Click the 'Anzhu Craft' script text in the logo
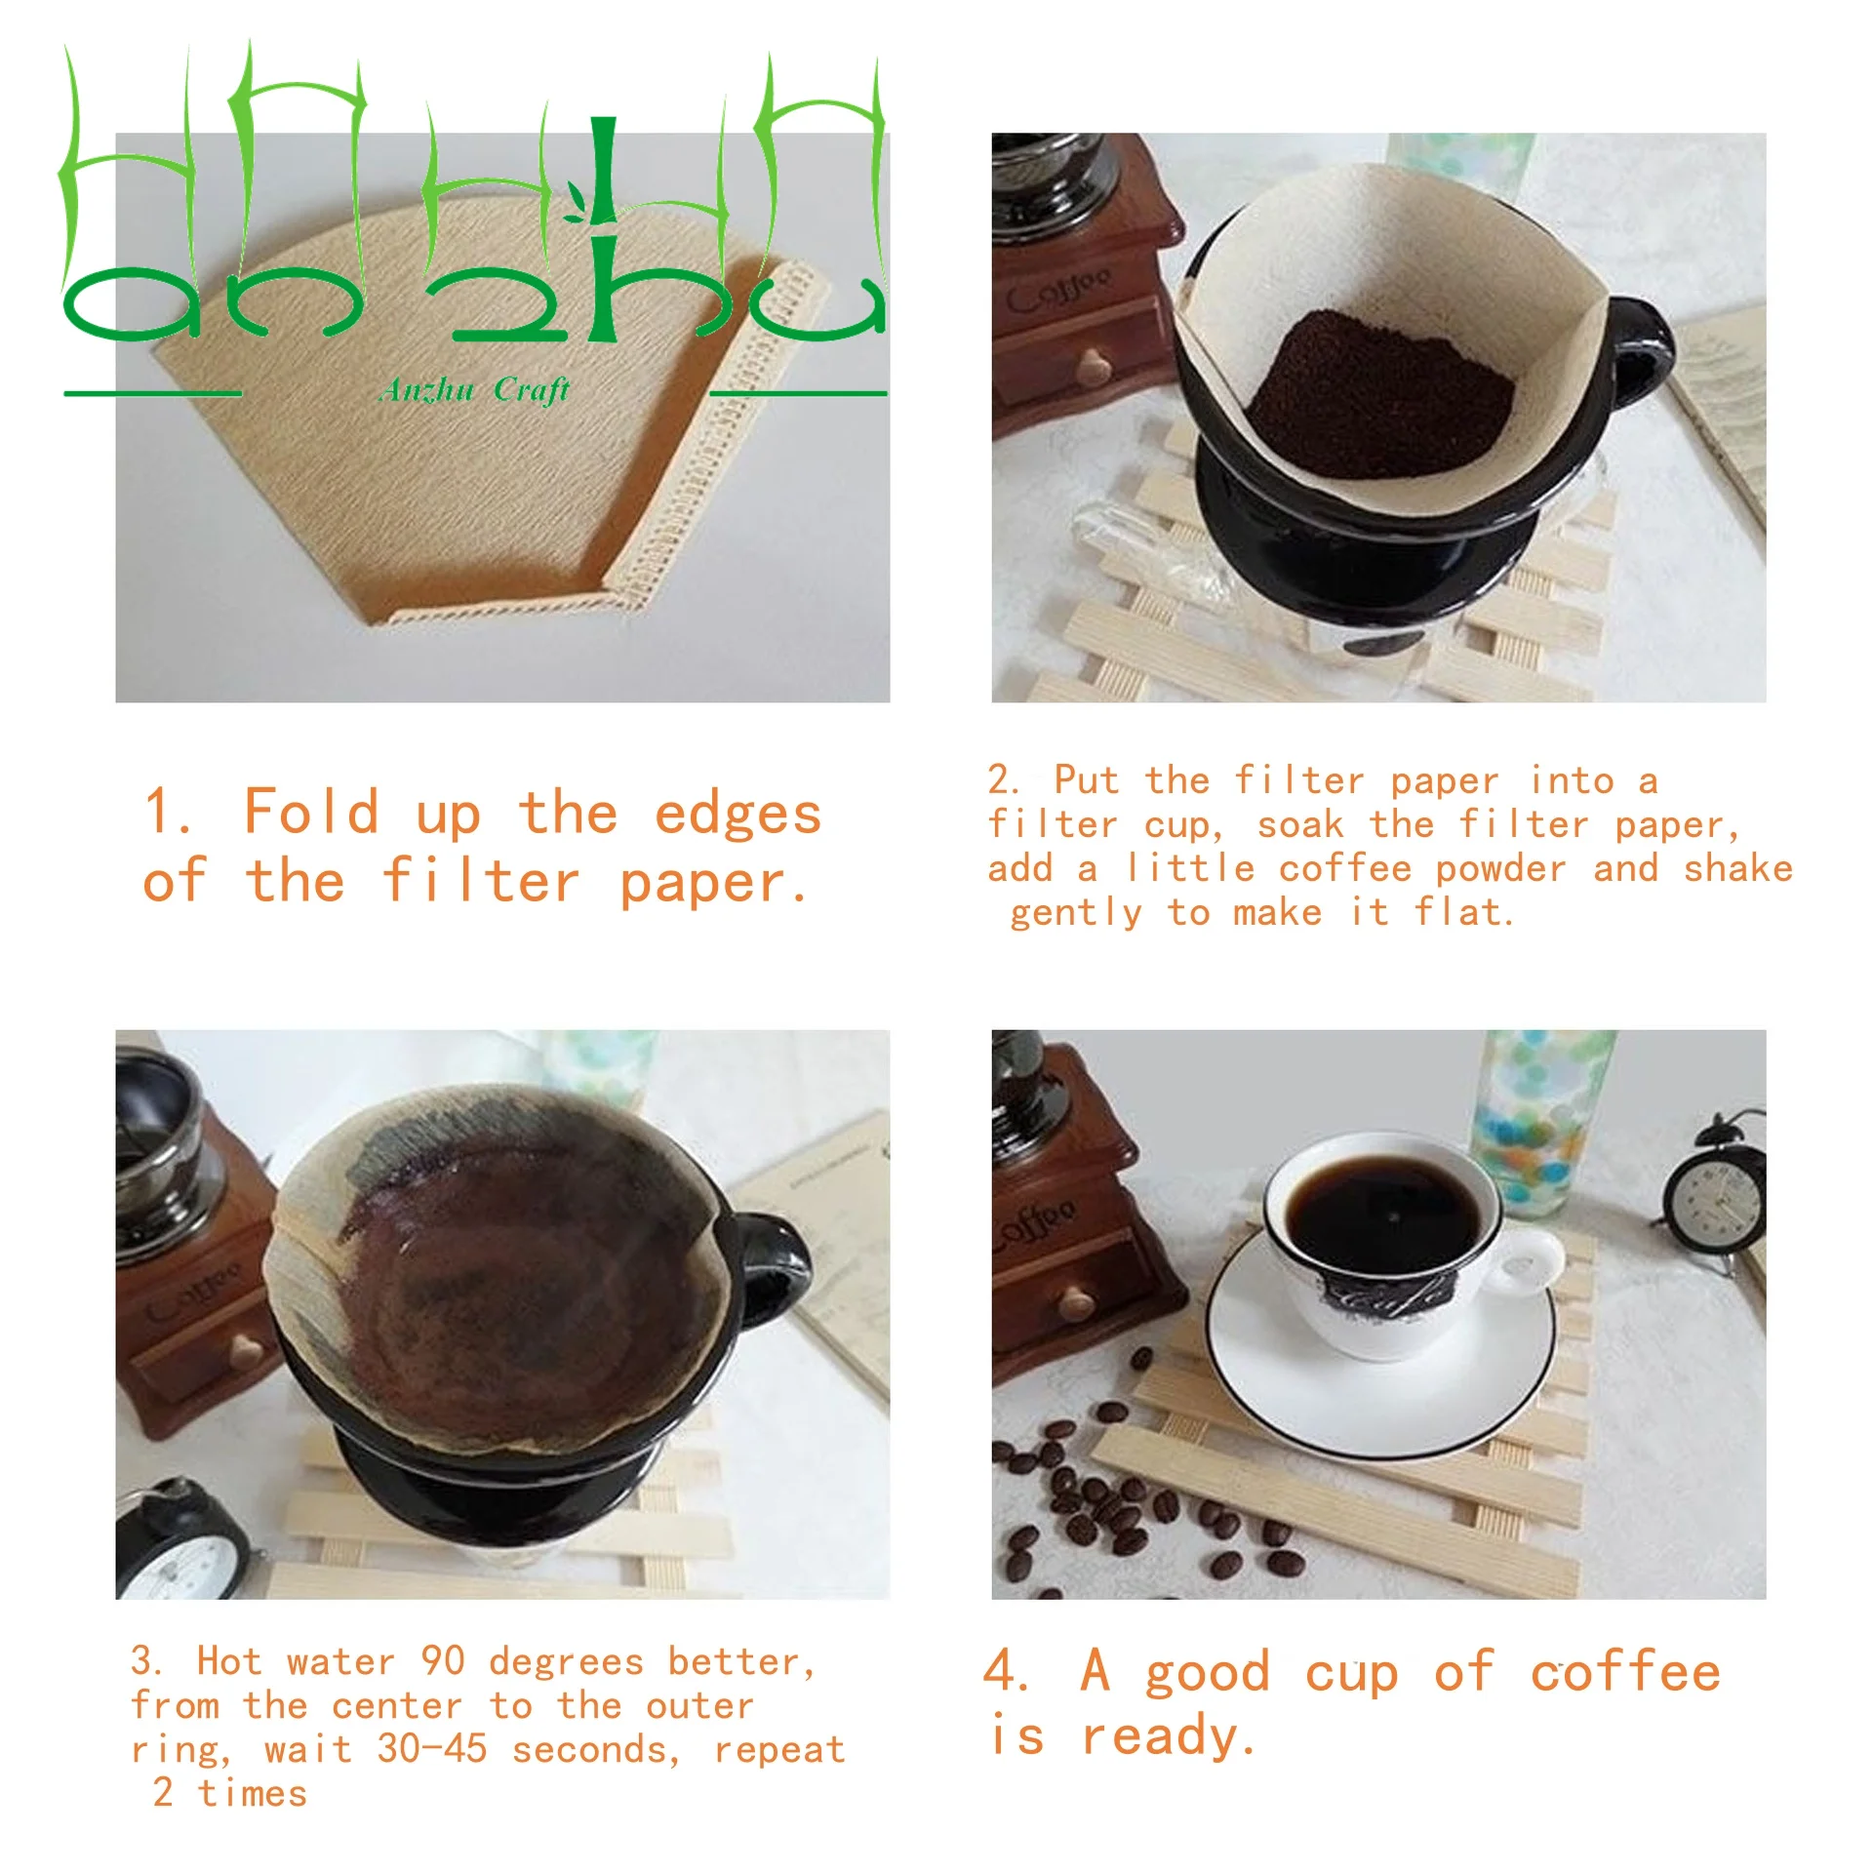474,390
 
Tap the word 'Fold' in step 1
311,812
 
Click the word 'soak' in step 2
1300,825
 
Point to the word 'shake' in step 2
1738,868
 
